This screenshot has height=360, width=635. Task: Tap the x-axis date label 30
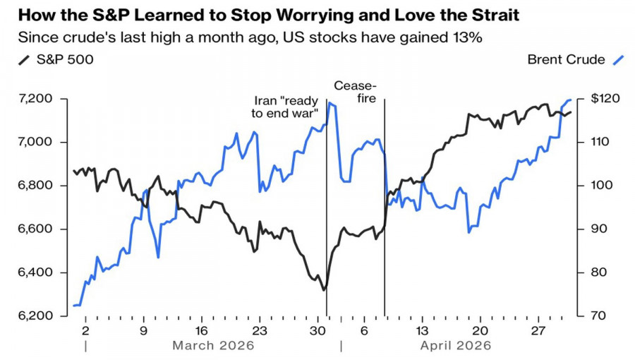click(x=317, y=331)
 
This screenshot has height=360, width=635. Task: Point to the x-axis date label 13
click(x=421, y=331)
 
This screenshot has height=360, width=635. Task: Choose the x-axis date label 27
click(x=537, y=331)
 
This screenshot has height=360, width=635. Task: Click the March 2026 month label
click(x=213, y=346)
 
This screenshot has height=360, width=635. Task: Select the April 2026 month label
click(x=455, y=346)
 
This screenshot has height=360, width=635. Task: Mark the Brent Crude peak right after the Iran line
click(x=330, y=104)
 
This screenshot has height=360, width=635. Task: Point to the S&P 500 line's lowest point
click(x=324, y=290)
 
